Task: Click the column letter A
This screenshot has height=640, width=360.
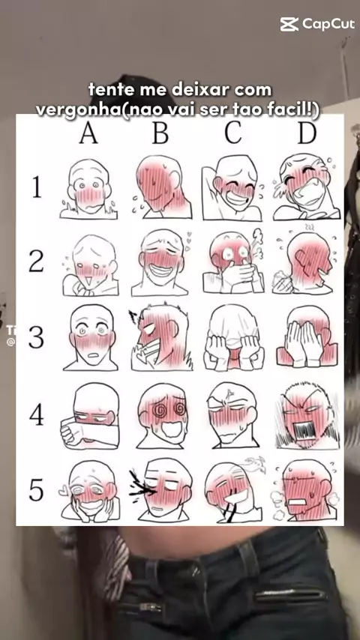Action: click(x=88, y=133)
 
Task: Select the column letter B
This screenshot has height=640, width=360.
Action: click(x=160, y=133)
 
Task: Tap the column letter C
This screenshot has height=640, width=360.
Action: click(x=233, y=133)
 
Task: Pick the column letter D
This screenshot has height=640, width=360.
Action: click(x=307, y=133)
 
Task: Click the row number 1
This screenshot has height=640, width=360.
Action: click(x=37, y=187)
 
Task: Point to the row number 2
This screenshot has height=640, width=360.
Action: click(x=36, y=262)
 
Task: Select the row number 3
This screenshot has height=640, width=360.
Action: click(x=36, y=337)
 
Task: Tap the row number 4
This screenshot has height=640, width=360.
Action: click(x=36, y=414)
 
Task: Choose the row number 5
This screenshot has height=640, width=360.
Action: click(x=36, y=490)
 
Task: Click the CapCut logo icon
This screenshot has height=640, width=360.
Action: click(x=289, y=24)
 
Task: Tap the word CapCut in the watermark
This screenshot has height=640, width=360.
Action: click(x=328, y=25)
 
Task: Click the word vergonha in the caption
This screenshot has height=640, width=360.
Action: click(x=77, y=109)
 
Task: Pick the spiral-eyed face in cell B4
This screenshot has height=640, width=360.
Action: click(x=162, y=415)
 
